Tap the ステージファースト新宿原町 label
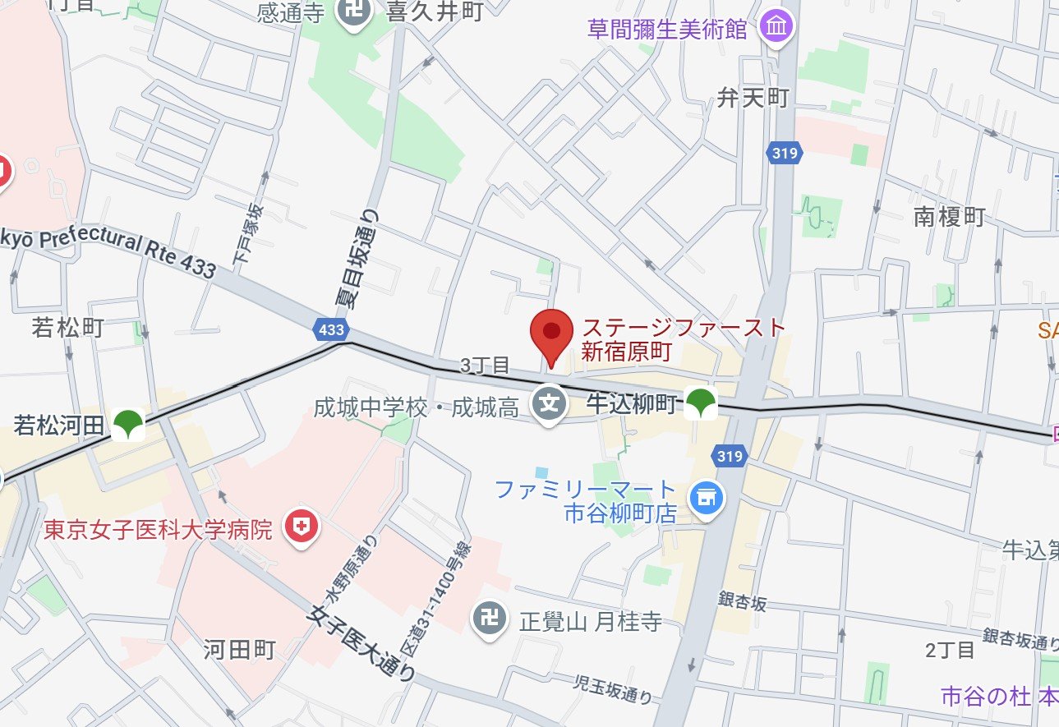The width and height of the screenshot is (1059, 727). tap(684, 340)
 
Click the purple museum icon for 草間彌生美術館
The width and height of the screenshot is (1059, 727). tap(776, 28)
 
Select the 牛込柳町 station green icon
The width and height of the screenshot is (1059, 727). tap(701, 403)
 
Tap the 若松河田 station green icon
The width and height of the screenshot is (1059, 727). tap(130, 425)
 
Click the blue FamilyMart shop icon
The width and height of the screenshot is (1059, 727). tap(705, 498)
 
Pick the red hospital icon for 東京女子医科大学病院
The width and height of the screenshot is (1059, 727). tap(301, 527)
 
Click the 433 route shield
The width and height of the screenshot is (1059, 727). tap(330, 329)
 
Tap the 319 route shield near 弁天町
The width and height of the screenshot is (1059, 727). tap(785, 153)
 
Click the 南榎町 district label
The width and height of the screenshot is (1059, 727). tap(949, 217)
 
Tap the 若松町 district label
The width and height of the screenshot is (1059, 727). tap(67, 328)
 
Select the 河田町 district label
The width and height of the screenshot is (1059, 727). tap(240, 650)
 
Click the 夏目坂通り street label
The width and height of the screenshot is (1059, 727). tap(360, 257)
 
